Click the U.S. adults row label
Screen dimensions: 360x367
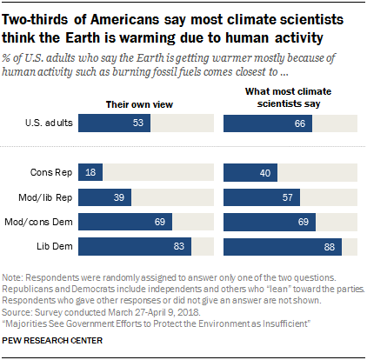tap(49, 124)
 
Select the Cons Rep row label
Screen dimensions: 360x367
tap(53, 173)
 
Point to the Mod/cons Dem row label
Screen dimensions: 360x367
tap(44, 223)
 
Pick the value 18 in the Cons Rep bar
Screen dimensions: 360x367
tap(92, 173)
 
